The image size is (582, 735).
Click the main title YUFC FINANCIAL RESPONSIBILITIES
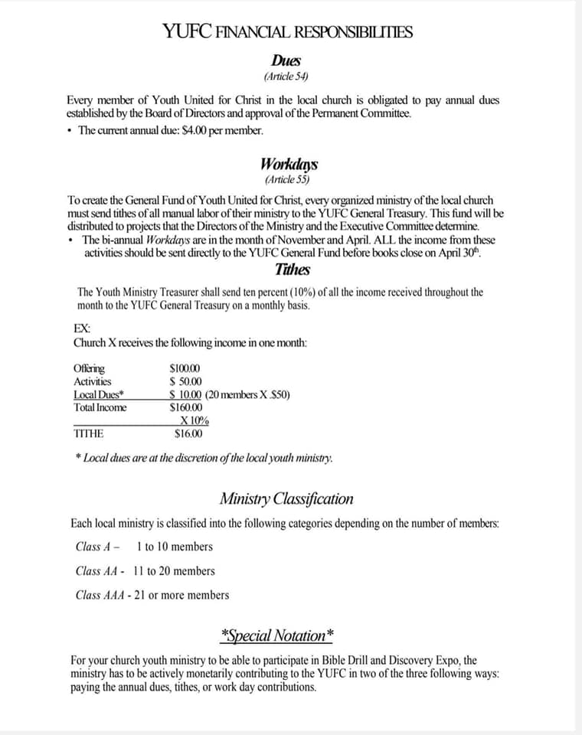pyautogui.click(x=287, y=31)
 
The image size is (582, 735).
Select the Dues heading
pyautogui.click(x=286, y=60)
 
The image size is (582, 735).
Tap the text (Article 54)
pyautogui.click(x=286, y=77)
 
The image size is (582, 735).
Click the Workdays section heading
pyautogui.click(x=289, y=164)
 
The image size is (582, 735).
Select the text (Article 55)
pyautogui.click(x=288, y=180)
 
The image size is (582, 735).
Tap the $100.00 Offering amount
pyautogui.click(x=185, y=368)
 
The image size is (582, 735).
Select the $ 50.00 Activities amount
pyautogui.click(x=185, y=381)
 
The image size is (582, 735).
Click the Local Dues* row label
pyautogui.click(x=99, y=394)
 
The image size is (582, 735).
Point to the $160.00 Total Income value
pyautogui.click(x=185, y=407)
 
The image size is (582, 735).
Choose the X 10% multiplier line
pyautogui.click(x=195, y=420)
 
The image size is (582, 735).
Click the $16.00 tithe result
pyautogui.click(x=188, y=433)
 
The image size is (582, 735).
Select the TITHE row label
pyautogui.click(x=89, y=433)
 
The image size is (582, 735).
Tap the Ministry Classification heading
pyautogui.click(x=286, y=499)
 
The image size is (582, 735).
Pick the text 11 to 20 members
pyautogui.click(x=174, y=570)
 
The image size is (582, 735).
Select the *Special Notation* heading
pyautogui.click(x=276, y=635)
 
